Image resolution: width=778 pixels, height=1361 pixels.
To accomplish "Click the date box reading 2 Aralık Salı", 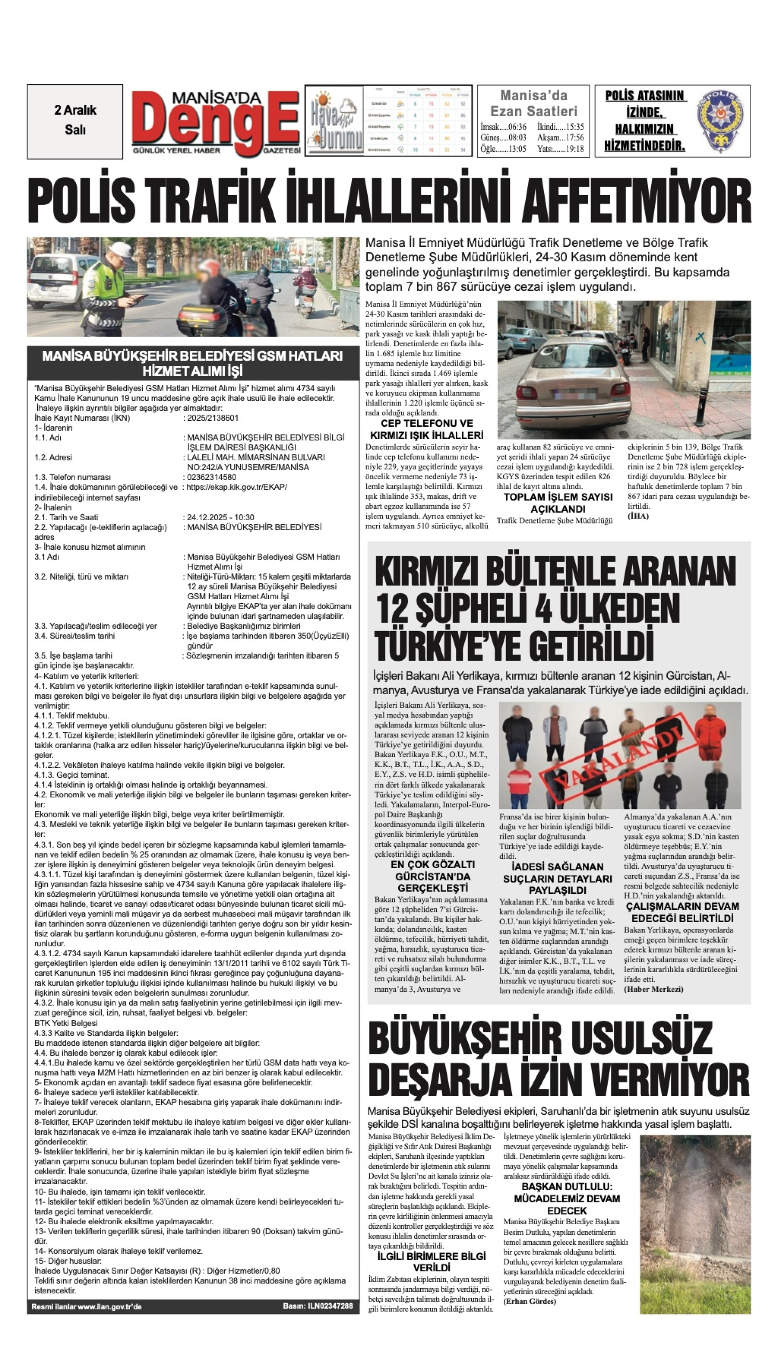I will point(75,120).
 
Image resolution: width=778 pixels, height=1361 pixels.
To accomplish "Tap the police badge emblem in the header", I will point(721,121).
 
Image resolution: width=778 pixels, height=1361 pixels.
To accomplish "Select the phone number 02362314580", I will point(211,477).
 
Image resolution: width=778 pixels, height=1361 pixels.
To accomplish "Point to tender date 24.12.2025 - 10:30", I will point(221,517).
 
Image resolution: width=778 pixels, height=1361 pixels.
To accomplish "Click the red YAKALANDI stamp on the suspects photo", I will point(620,757).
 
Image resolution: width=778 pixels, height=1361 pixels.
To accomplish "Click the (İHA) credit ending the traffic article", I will point(638,516).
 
